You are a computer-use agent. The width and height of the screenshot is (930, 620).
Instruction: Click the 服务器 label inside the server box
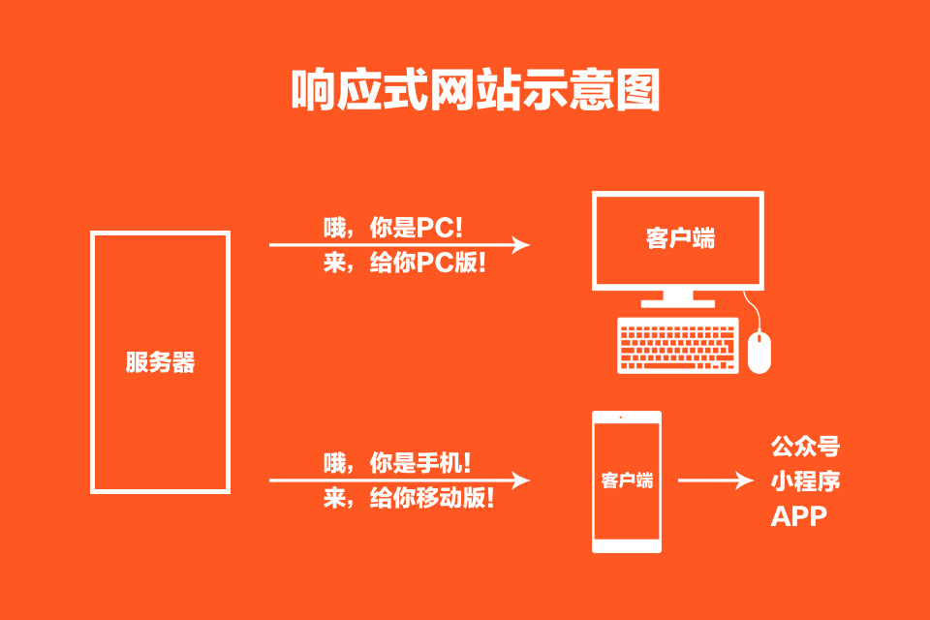pos(160,363)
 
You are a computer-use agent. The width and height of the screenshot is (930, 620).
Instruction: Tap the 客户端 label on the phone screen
pos(627,480)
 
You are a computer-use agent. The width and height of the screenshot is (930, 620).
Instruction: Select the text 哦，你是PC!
pos(393,228)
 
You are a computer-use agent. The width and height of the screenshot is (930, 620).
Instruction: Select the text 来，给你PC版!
pos(404,263)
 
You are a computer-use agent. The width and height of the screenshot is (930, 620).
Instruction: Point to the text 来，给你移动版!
pos(409,499)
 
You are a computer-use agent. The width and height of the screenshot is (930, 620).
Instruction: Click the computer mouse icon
pos(759,352)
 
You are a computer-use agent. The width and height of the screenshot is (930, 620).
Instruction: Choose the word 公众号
pos(805,447)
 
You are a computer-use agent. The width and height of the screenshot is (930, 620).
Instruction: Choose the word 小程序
pos(805,481)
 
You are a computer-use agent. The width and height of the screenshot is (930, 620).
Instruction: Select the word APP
pos(799,516)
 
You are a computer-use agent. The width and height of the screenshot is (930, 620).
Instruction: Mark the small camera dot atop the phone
pos(627,418)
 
